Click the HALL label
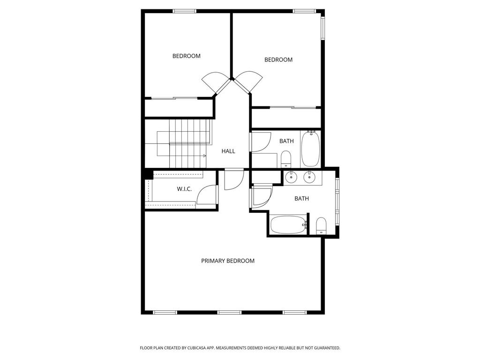[x=228, y=151]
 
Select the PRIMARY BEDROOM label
[x=228, y=261]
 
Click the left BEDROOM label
[x=186, y=56]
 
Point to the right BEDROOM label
[x=278, y=60]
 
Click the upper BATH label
[x=286, y=141]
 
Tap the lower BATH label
[x=301, y=198]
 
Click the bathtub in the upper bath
[x=310, y=149]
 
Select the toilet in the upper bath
[x=286, y=159]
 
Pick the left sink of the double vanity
[x=292, y=177]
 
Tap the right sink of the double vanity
[x=309, y=177]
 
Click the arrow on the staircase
[x=204, y=156]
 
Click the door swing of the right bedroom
[x=248, y=80]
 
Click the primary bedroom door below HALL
[x=233, y=179]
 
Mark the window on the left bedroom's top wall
[x=185, y=11]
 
